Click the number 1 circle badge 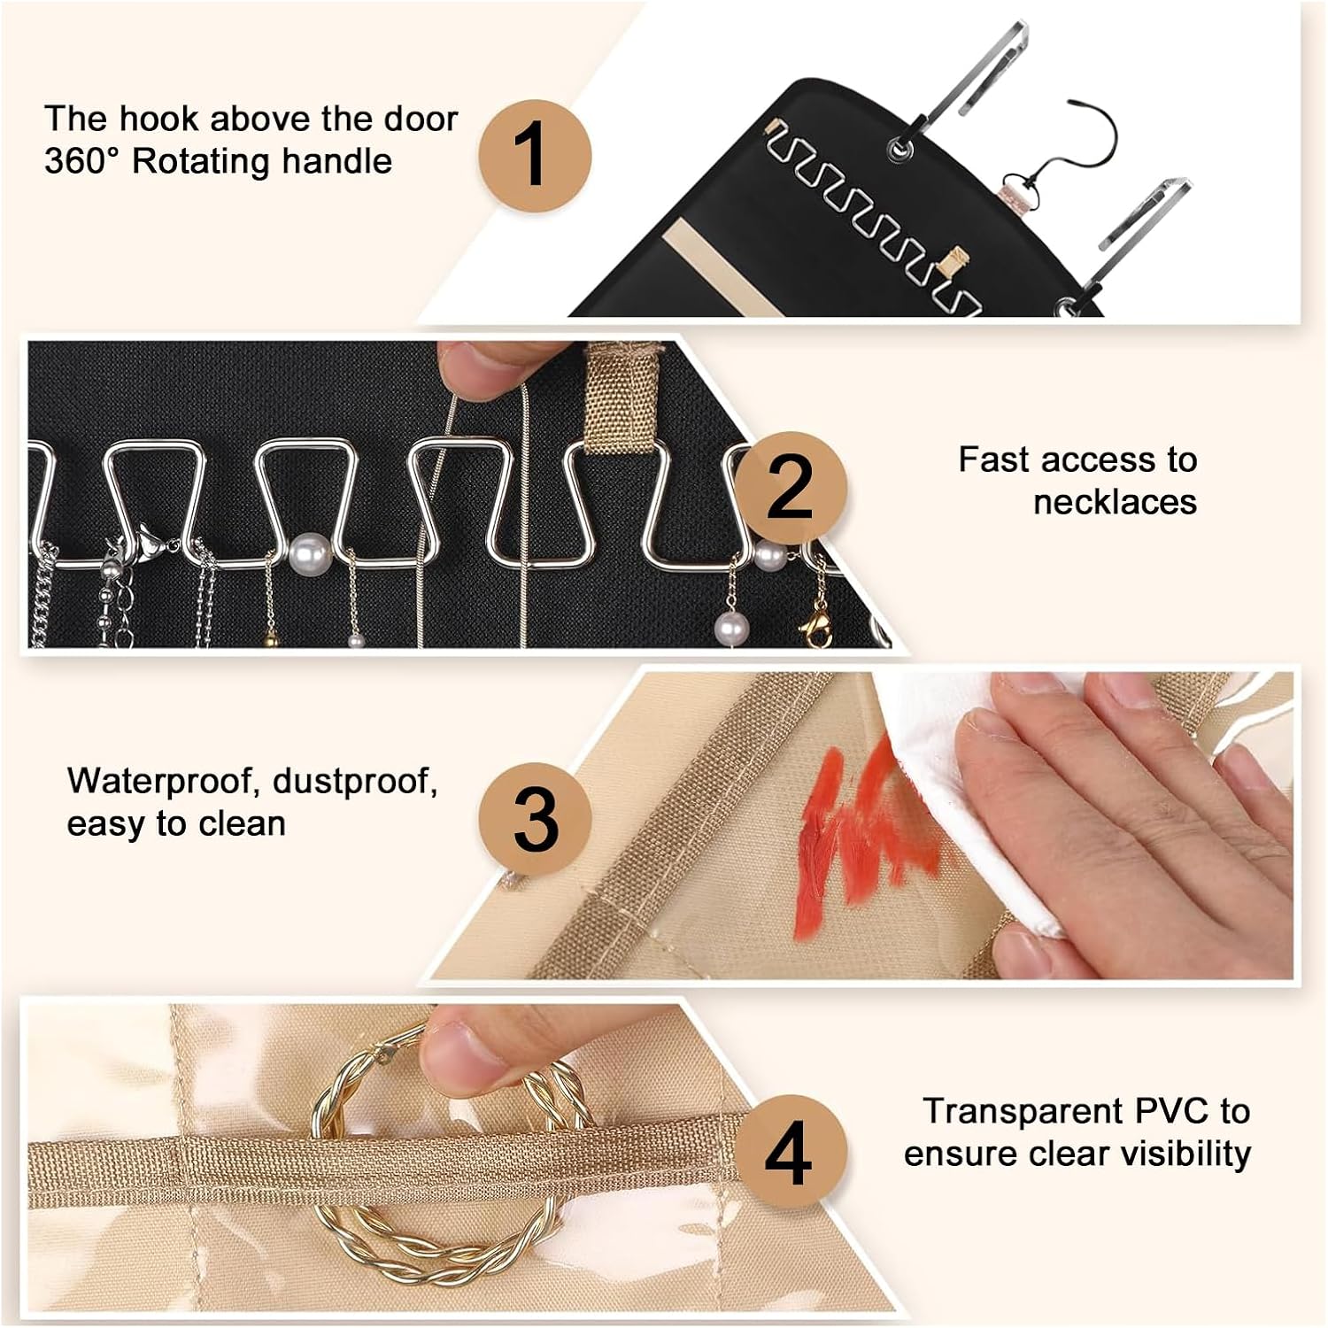pyautogui.click(x=535, y=156)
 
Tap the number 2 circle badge pyautogui.click(x=790, y=488)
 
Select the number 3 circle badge pyautogui.click(x=535, y=819)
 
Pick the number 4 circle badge pyautogui.click(x=788, y=1151)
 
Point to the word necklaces pyautogui.click(x=1115, y=502)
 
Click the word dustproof pyautogui.click(x=355, y=783)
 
